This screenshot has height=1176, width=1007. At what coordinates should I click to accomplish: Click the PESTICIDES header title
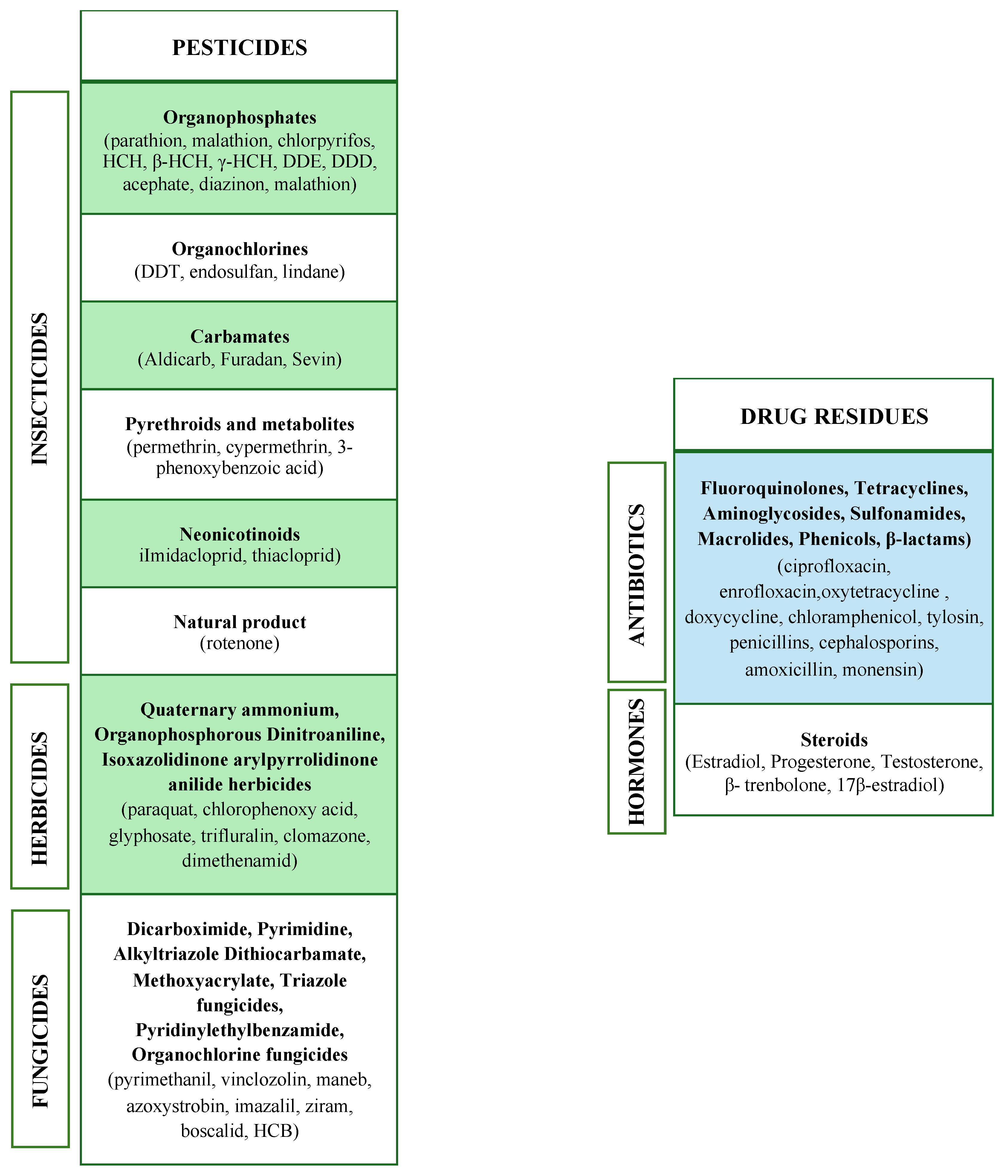click(x=239, y=48)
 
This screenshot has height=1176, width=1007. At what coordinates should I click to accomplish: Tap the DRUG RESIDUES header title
click(x=834, y=417)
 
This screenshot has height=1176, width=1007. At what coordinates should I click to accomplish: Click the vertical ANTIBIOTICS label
click(x=637, y=574)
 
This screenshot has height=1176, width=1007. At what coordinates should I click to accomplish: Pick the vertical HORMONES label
click(x=637, y=762)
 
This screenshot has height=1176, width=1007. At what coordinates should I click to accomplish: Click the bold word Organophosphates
click(x=239, y=117)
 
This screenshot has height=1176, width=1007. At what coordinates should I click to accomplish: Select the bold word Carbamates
click(x=239, y=337)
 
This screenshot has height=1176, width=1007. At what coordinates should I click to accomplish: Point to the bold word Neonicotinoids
click(x=239, y=534)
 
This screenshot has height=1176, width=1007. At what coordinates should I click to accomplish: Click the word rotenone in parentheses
click(x=239, y=644)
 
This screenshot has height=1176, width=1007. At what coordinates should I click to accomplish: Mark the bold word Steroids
click(x=834, y=740)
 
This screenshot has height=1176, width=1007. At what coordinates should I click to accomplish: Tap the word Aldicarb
click(x=177, y=359)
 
